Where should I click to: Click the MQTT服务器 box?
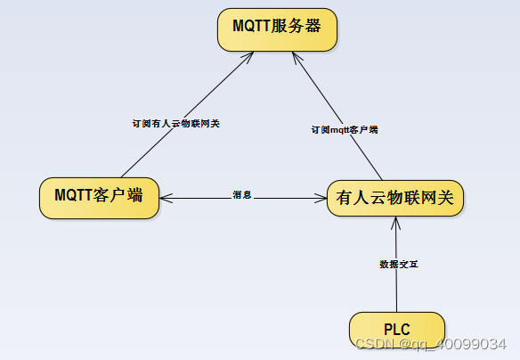pyautogui.click(x=277, y=30)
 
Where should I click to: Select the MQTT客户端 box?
pyautogui.click(x=99, y=196)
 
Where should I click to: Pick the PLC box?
pyautogui.click(x=396, y=329)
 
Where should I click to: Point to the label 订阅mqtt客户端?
pyautogui.click(x=344, y=130)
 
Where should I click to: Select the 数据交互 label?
pyautogui.click(x=398, y=265)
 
